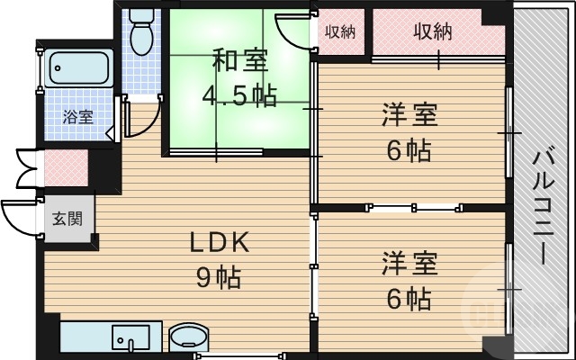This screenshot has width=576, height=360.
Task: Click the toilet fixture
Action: (x=141, y=32)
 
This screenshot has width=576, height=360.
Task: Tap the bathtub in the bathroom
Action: (x=78, y=67)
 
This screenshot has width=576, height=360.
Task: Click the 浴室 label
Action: (x=77, y=116)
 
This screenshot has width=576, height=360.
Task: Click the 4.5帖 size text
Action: (x=239, y=94)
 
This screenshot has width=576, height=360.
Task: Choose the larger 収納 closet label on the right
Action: (x=431, y=31)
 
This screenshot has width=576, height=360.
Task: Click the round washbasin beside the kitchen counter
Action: (x=187, y=337)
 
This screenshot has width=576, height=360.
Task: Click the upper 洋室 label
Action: (x=409, y=116)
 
